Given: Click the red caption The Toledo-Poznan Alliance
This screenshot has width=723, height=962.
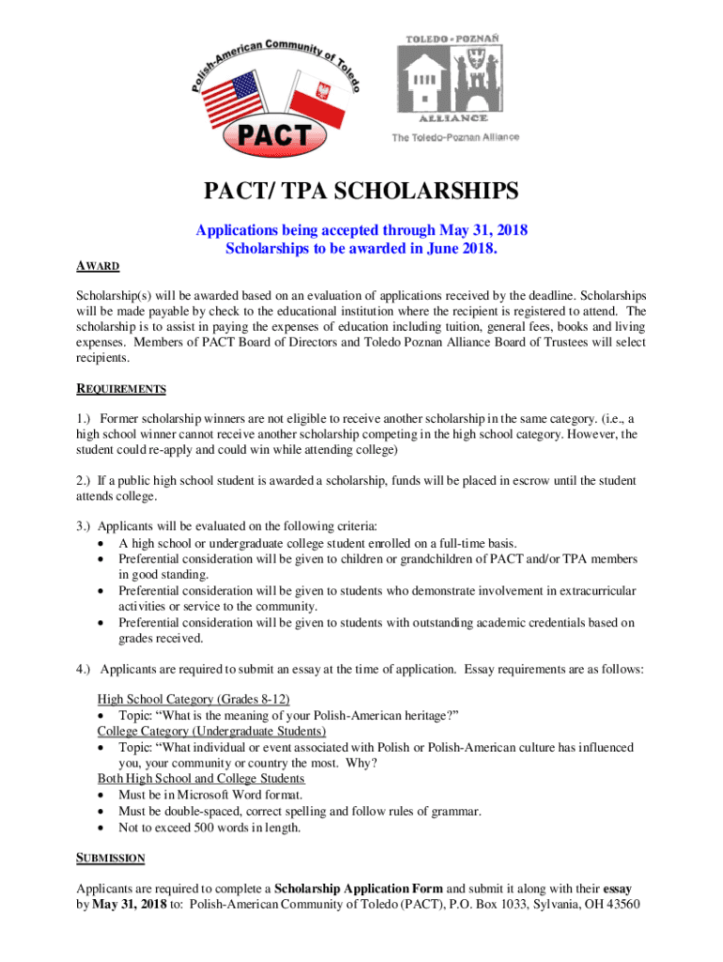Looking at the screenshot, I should point(454,137).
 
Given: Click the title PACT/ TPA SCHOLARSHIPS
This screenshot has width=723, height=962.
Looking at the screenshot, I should point(361,194).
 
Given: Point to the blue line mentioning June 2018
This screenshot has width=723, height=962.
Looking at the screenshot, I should point(361,249).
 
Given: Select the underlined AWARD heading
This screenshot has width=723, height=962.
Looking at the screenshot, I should point(99,267).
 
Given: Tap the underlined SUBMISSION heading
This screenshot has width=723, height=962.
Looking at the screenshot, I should point(110,858).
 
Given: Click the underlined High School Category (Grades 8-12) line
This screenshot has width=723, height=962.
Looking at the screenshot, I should point(193,699).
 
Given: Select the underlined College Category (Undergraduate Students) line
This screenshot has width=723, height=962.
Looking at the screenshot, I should point(211,731).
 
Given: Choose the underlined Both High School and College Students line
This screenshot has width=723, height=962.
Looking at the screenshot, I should point(201,779).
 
